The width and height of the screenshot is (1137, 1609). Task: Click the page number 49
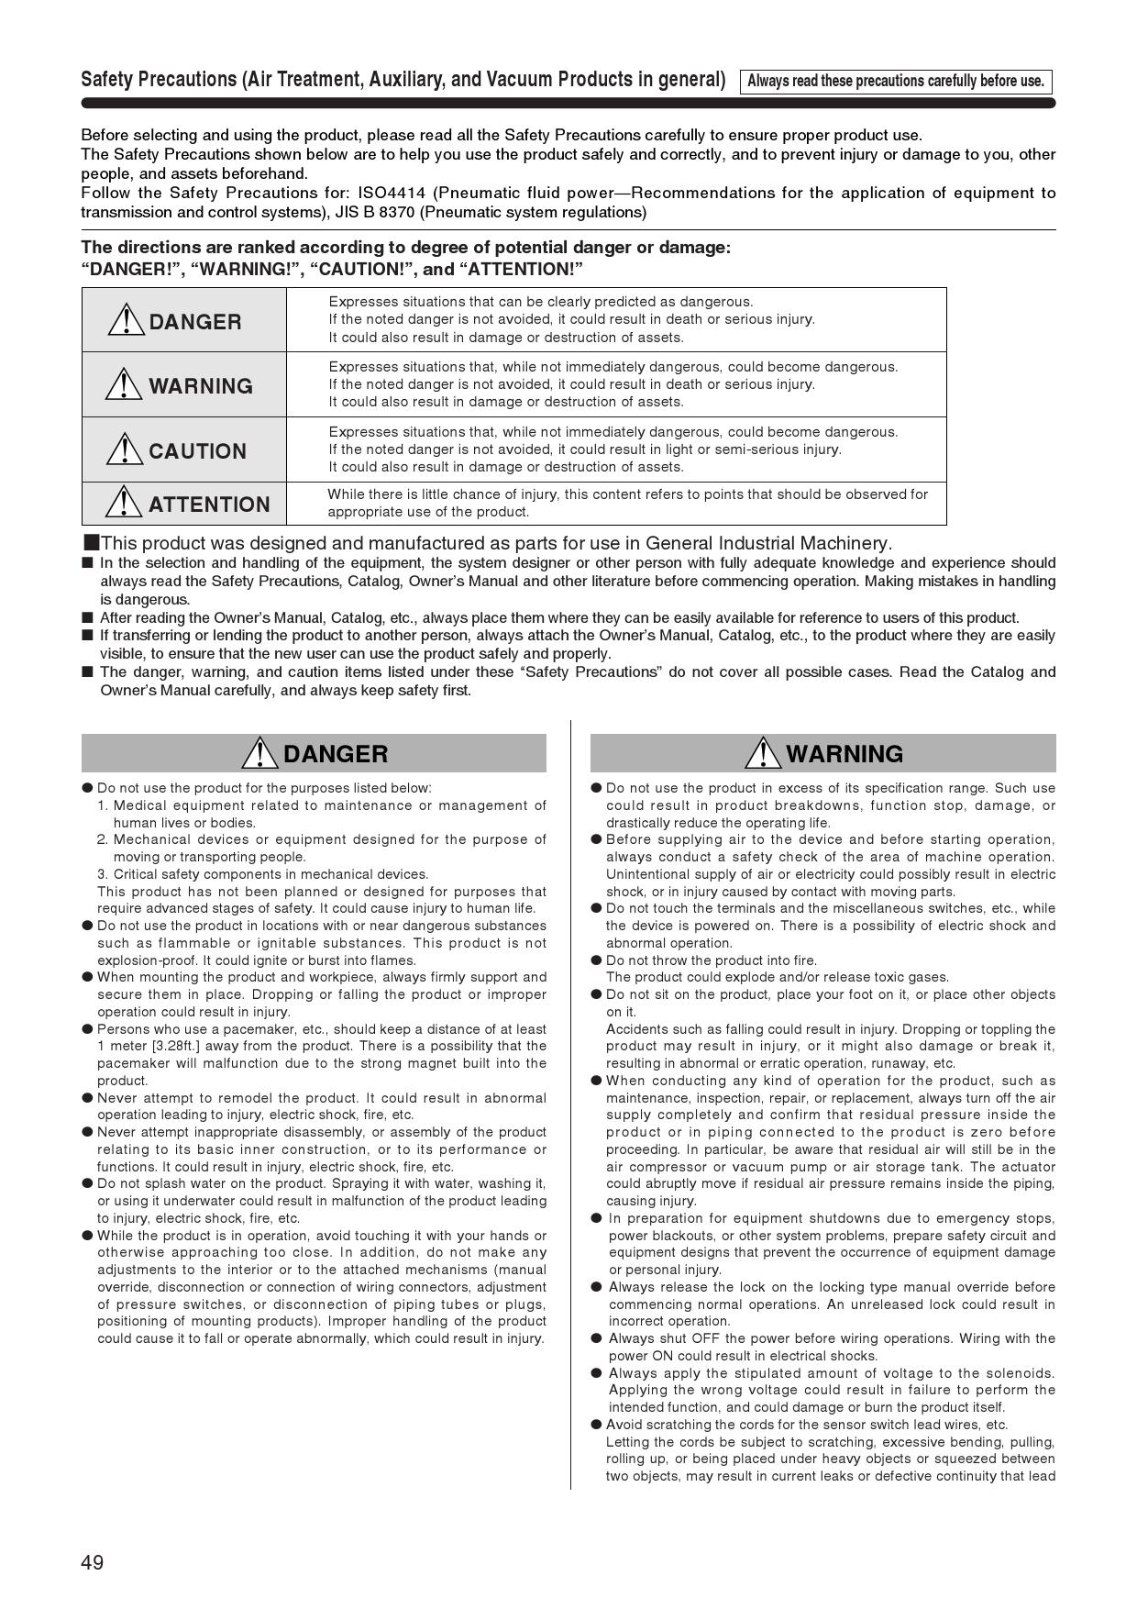(93, 1562)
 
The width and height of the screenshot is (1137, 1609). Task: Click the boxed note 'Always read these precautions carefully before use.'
(895, 81)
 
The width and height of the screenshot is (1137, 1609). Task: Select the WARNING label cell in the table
(184, 385)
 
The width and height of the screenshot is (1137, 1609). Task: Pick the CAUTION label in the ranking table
(197, 451)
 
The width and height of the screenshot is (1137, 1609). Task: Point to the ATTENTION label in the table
(209, 505)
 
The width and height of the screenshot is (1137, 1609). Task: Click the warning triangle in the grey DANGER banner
(260, 753)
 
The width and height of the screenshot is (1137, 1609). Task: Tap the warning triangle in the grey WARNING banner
(763, 753)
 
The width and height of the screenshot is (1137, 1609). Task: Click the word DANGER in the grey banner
(336, 754)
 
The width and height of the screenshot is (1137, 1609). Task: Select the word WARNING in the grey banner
(844, 754)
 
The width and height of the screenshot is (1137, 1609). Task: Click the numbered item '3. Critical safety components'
(263, 874)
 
